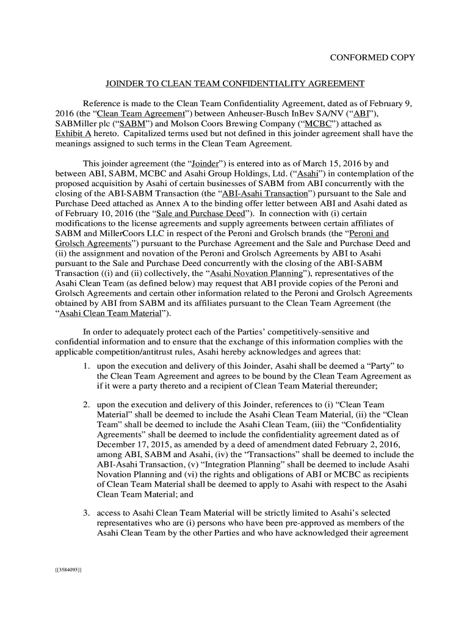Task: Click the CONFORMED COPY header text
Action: (372, 58)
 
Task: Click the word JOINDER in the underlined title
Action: (125, 84)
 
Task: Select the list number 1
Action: (88, 366)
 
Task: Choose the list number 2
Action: (88, 404)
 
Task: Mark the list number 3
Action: (88, 513)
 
